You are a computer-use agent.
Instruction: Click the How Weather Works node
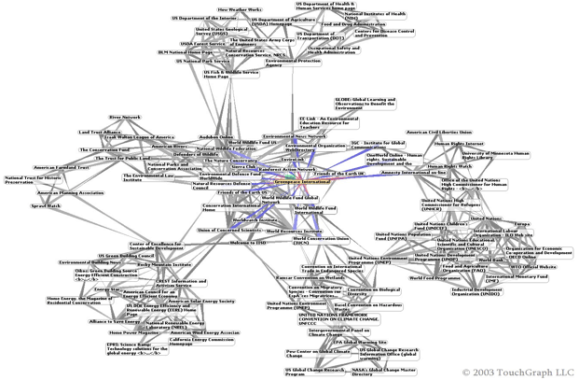click(x=240, y=10)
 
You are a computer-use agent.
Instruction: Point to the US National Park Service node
click(x=203, y=62)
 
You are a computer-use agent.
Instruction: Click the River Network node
click(x=125, y=118)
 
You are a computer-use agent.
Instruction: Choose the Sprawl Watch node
click(x=46, y=205)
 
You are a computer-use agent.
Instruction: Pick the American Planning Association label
click(x=69, y=193)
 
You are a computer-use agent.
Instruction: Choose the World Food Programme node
click(x=434, y=277)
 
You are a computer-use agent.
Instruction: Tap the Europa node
click(x=523, y=224)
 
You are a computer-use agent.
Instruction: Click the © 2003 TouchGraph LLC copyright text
click(x=517, y=373)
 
